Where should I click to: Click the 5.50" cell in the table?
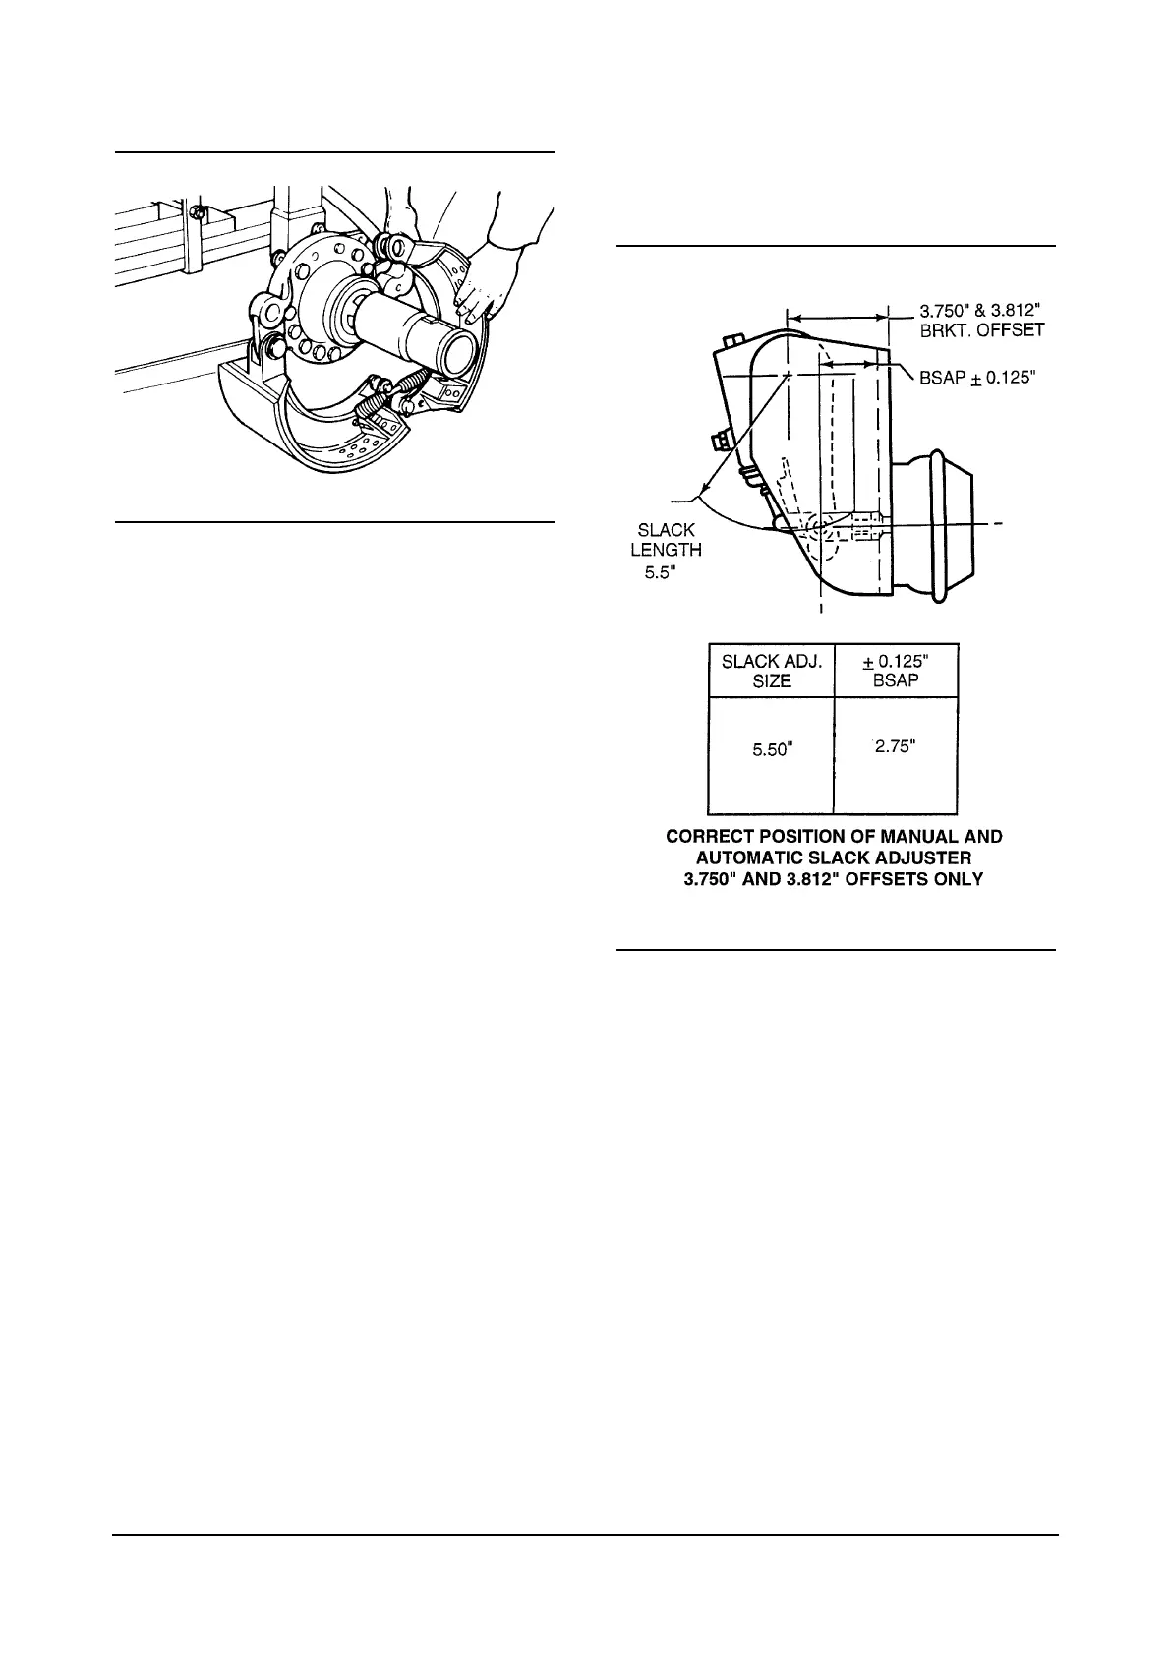pyautogui.click(x=771, y=750)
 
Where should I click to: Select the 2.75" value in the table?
pyautogui.click(x=895, y=746)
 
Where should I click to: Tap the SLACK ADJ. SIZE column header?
pyautogui.click(x=771, y=671)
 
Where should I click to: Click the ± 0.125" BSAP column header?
pyautogui.click(x=895, y=671)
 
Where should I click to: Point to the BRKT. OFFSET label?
pyautogui.click(x=981, y=330)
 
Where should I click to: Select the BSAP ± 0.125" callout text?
pyautogui.click(x=977, y=377)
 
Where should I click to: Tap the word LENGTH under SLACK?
pyautogui.click(x=666, y=551)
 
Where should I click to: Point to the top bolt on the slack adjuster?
pyautogui.click(x=730, y=340)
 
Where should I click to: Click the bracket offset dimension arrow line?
pyautogui.click(x=836, y=318)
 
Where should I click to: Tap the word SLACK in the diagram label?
pyautogui.click(x=666, y=530)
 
